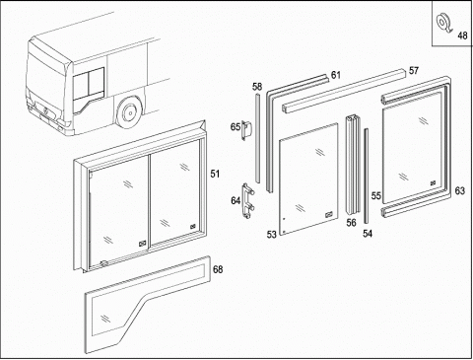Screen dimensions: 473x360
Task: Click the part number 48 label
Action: click(462, 36)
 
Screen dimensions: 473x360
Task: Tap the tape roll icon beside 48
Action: click(443, 23)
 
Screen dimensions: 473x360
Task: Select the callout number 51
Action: click(215, 174)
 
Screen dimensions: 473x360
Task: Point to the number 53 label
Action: click(271, 235)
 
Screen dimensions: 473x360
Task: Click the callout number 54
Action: click(368, 234)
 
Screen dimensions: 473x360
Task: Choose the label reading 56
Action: click(351, 223)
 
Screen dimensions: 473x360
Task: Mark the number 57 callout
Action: click(414, 70)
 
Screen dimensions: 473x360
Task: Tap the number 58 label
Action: click(257, 87)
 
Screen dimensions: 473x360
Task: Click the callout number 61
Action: click(336, 75)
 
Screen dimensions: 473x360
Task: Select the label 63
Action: click(460, 190)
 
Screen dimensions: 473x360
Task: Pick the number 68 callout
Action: click(218, 269)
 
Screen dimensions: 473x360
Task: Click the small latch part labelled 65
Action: click(247, 130)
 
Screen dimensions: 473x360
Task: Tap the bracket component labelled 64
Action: click(248, 200)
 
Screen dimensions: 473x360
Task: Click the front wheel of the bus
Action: click(129, 112)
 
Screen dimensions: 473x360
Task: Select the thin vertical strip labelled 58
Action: click(257, 138)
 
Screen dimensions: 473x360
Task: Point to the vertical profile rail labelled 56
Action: click(353, 165)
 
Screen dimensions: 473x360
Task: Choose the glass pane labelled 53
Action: click(308, 180)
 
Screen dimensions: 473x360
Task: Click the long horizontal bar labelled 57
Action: click(344, 91)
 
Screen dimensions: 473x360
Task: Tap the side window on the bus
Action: click(89, 84)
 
